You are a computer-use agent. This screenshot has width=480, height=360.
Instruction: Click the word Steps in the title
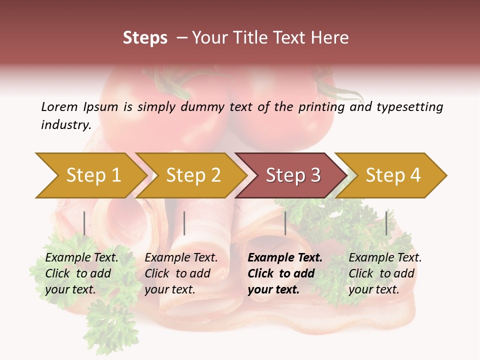coord(145,38)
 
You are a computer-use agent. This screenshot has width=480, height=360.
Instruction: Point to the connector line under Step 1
coord(84,223)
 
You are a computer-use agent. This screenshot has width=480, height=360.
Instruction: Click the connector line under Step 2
coord(184,223)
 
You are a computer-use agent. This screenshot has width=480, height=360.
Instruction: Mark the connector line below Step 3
coord(285,223)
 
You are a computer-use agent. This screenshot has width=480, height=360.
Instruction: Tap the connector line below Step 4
coord(386,223)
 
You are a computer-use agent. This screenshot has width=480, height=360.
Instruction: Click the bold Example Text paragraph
coord(284,273)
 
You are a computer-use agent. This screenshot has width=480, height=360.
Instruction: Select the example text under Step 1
coord(81,273)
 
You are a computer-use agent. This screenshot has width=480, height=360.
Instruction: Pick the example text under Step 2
coord(180,273)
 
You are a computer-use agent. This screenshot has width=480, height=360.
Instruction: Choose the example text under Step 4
coord(384,273)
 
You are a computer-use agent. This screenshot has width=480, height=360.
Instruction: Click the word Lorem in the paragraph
coord(59,106)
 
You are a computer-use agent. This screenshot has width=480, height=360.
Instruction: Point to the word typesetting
coord(409,107)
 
